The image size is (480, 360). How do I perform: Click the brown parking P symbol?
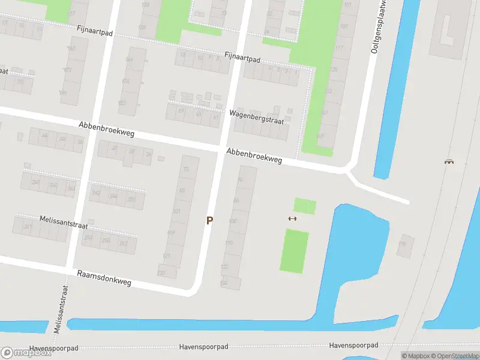209,220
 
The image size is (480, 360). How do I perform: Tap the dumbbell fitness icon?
292,218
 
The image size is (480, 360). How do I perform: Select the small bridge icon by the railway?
448,161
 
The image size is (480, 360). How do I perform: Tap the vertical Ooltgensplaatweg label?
376,27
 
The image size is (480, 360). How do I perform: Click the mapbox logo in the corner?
26,353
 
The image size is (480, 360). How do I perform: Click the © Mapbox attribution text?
416,356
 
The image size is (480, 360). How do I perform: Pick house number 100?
233,222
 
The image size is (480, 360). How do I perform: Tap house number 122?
225,266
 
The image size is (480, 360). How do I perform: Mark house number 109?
171,233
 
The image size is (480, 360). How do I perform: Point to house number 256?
106,241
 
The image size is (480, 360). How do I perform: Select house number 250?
131,199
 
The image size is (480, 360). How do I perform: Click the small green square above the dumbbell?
305,206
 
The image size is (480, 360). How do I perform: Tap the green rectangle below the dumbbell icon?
294,251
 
